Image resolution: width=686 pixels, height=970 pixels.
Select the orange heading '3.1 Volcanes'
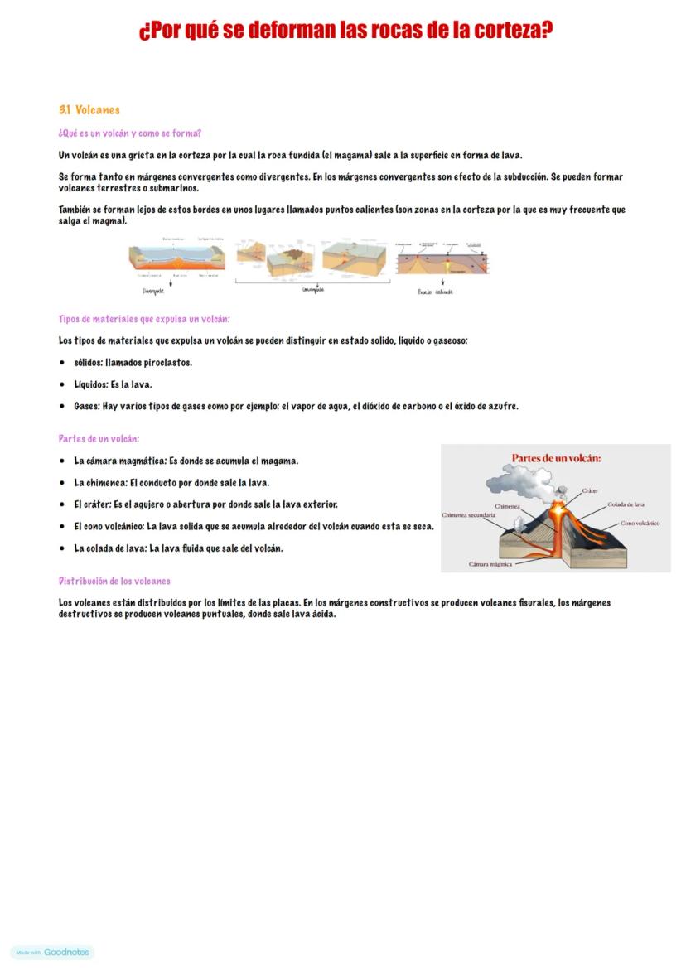89,110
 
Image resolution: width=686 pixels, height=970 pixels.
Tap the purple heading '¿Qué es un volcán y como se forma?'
130,133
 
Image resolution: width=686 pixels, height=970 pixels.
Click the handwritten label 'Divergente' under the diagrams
153,291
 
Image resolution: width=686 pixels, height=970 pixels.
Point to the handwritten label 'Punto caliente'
435,292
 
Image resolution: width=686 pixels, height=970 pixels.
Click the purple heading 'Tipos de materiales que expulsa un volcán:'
144,319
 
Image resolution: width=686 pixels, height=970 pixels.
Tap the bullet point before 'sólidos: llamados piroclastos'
62,363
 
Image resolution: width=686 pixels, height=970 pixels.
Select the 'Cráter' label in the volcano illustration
590,490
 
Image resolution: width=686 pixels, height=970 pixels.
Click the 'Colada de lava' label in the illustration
626,504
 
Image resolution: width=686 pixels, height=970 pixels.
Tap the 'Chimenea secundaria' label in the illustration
468,515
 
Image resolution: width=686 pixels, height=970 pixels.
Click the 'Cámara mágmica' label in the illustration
490,564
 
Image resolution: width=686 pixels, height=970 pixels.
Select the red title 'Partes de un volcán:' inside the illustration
556,458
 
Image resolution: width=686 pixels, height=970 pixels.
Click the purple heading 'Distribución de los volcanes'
114,581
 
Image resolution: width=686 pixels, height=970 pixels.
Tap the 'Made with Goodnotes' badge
52,953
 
